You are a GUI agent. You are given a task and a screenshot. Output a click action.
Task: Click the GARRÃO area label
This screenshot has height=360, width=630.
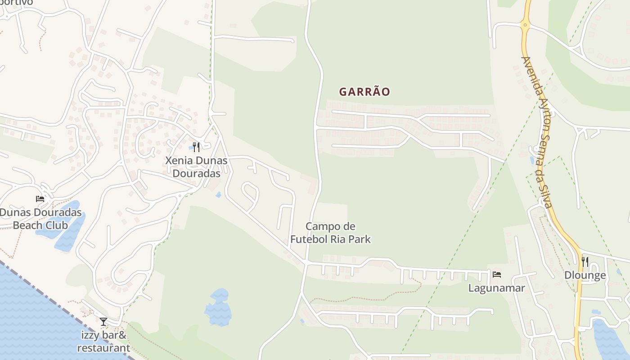[x=364, y=92]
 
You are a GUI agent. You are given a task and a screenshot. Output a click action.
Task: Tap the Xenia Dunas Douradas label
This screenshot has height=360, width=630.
[x=196, y=167]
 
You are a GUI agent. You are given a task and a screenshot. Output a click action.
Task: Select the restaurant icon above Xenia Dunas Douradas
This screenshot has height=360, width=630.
[x=196, y=147]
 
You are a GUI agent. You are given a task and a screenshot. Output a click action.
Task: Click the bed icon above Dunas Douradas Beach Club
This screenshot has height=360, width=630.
[x=40, y=199]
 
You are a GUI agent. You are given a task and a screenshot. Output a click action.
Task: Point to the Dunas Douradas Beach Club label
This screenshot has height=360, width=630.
[x=40, y=219]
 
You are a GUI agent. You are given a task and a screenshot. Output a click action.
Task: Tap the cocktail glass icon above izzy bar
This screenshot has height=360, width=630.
[x=103, y=321]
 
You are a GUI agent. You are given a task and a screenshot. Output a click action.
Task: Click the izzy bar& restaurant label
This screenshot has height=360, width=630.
[x=103, y=342]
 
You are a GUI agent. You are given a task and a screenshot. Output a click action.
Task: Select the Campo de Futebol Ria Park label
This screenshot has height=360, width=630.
[x=330, y=233]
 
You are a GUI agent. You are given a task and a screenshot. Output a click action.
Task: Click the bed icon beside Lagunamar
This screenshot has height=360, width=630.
[x=497, y=274]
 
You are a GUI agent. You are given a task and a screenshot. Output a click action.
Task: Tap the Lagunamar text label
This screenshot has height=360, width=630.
[x=496, y=288]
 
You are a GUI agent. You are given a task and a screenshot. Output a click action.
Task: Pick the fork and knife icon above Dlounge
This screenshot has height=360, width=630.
[x=585, y=261]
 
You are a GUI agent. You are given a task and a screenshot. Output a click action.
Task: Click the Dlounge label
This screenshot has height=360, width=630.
[x=585, y=275]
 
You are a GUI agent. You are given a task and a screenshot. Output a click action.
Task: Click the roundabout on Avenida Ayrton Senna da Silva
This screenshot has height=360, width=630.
[x=525, y=25]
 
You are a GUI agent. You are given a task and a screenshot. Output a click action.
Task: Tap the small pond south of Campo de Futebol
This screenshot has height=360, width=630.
[x=219, y=308]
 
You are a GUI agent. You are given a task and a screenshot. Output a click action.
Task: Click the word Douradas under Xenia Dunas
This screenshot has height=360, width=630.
[x=197, y=174]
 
